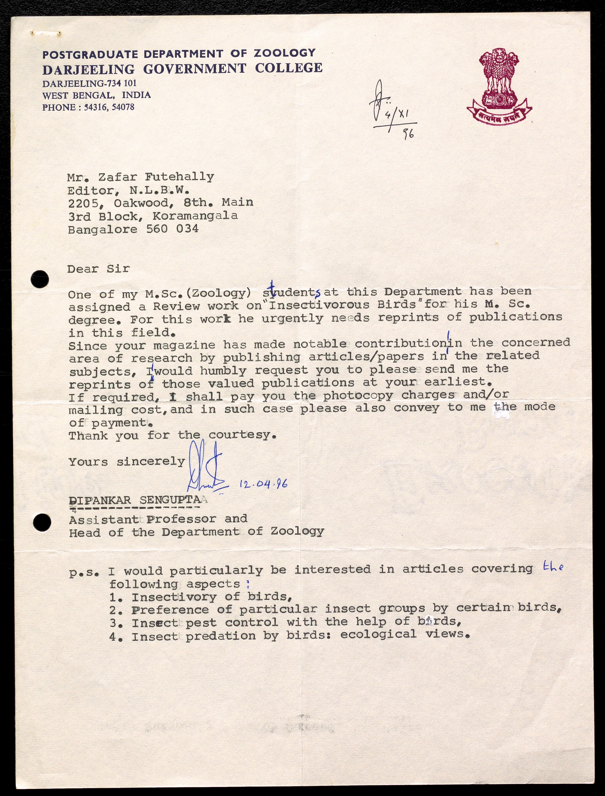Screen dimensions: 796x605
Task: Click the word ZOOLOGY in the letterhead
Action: [285, 53]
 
